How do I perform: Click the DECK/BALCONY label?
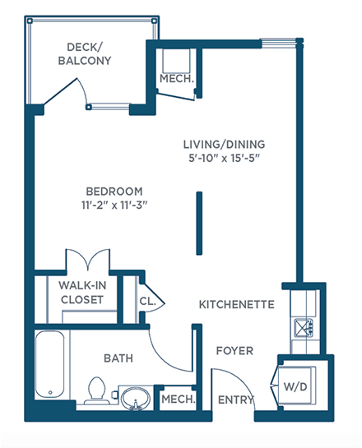[x=85, y=54]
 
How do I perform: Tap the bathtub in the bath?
[x=49, y=364]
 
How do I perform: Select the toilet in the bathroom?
[x=97, y=390]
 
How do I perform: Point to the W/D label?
[x=295, y=387]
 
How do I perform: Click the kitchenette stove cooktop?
[x=304, y=328]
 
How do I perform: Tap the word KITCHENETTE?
[x=237, y=305]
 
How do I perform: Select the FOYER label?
[x=234, y=351]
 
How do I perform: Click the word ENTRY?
[x=235, y=400]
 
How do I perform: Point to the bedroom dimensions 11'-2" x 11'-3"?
[x=114, y=206]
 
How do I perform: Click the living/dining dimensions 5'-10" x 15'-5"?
[x=224, y=158]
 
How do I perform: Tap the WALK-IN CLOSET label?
[x=82, y=293]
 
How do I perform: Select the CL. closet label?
[x=147, y=301]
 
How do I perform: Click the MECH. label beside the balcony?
[x=177, y=79]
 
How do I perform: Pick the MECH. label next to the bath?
[x=179, y=400]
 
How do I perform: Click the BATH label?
[x=118, y=358]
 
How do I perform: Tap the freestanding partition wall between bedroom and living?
[x=199, y=223]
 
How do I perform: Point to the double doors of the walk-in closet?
[x=88, y=260]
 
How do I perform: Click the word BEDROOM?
[x=114, y=192]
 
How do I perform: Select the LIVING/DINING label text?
[x=224, y=145]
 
